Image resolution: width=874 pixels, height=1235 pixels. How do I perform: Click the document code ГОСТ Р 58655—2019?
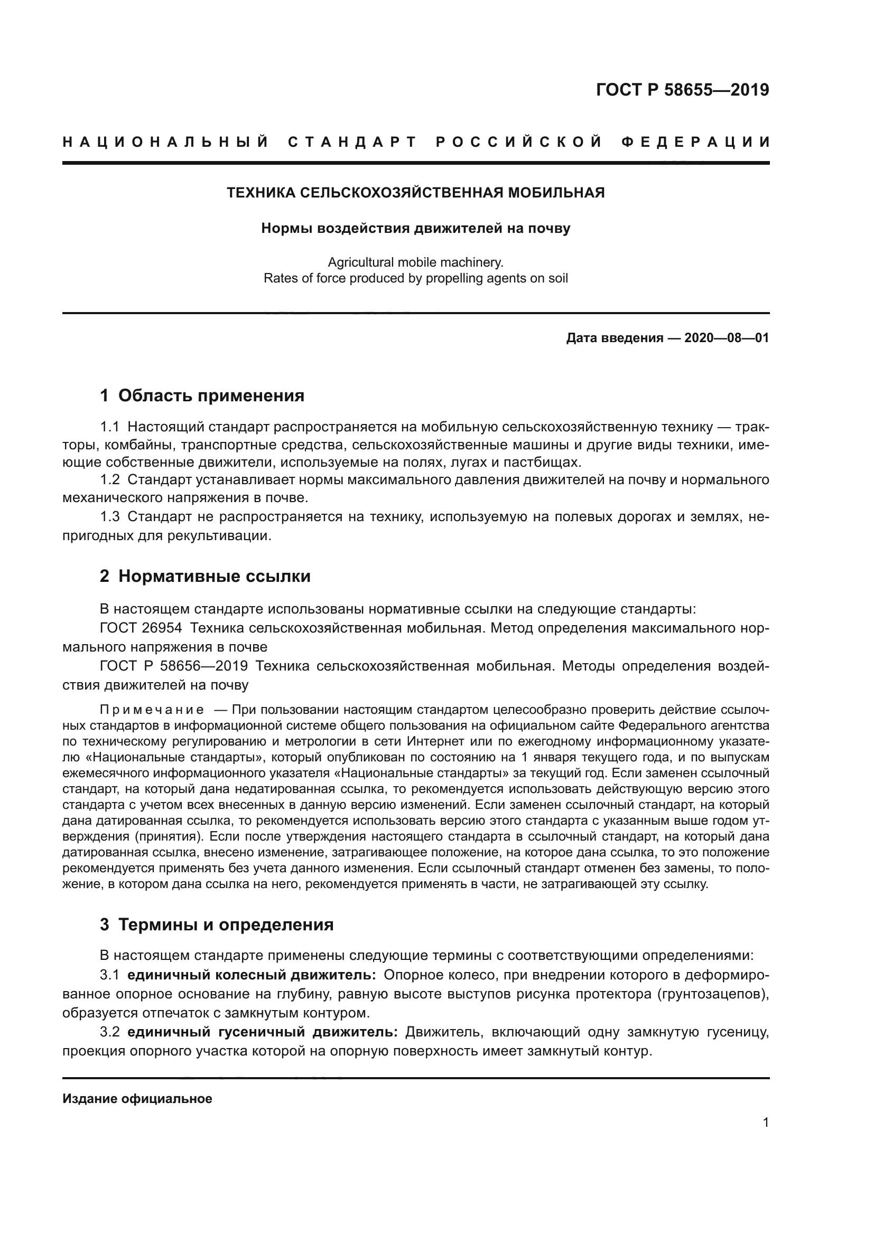click(x=682, y=90)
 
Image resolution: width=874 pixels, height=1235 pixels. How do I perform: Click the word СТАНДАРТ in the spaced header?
click(x=352, y=142)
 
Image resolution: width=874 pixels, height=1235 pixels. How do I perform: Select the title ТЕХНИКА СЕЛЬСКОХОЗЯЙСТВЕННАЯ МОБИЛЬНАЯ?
click(x=415, y=193)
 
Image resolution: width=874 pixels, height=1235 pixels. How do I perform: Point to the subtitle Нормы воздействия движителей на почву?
click(x=415, y=228)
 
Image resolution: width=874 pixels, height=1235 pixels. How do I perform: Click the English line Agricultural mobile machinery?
click(x=415, y=262)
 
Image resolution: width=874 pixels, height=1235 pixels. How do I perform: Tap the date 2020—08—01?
click(x=727, y=338)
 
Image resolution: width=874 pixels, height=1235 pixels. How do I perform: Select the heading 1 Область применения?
click(x=202, y=396)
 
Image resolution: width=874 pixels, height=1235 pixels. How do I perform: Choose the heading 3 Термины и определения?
click(x=216, y=925)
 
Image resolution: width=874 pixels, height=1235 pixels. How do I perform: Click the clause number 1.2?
click(x=110, y=479)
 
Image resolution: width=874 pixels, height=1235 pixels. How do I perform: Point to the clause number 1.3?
click(x=110, y=517)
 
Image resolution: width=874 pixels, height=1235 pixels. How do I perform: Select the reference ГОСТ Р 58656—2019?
click(x=174, y=666)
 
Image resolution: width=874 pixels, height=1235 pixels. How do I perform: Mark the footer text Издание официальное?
click(x=137, y=1099)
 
